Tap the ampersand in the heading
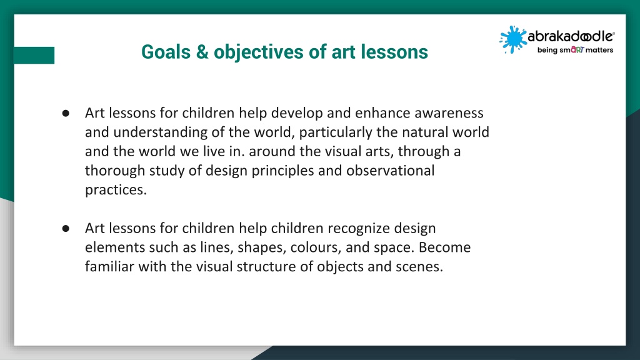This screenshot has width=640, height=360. (202, 52)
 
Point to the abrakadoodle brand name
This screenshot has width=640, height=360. (571, 36)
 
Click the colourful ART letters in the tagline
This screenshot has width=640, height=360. (577, 50)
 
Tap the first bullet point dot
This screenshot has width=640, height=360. (66, 113)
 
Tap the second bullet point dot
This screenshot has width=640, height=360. (66, 228)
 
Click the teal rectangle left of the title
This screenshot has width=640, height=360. (34, 55)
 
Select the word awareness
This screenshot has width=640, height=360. (449, 113)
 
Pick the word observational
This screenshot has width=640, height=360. (390, 171)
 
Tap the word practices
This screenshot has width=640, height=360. (116, 190)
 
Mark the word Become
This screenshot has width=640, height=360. (444, 247)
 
